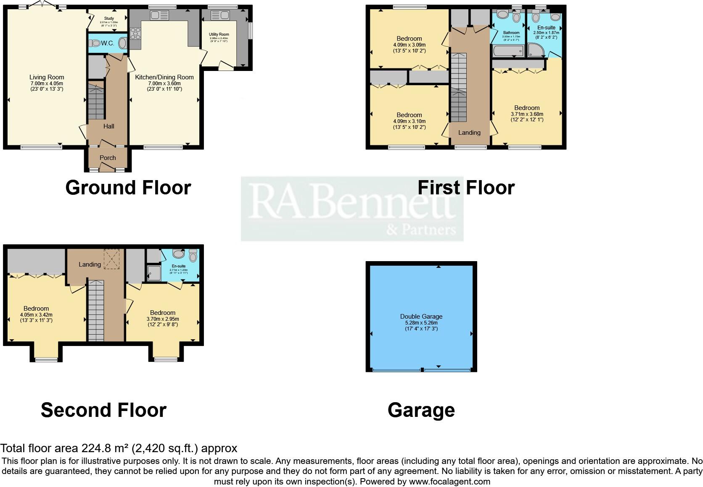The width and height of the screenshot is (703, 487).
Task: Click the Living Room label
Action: click(47, 77)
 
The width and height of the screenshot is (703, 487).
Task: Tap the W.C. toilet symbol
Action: click(95, 43)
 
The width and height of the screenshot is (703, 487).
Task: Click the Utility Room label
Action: click(219, 34)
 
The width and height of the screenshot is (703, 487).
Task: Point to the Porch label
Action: click(108, 158)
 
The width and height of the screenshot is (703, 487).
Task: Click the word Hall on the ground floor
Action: click(108, 126)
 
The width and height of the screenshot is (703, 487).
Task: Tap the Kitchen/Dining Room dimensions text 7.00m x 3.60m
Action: click(164, 83)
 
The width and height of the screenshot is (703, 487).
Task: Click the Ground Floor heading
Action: click(128, 187)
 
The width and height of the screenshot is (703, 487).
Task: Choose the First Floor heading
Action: click(466, 187)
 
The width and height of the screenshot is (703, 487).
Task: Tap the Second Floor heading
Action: click(103, 410)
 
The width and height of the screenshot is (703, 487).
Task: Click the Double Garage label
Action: click(421, 317)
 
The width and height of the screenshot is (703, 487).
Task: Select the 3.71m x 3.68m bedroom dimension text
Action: click(527, 114)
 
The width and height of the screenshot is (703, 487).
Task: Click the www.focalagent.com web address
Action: click(449, 482)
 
